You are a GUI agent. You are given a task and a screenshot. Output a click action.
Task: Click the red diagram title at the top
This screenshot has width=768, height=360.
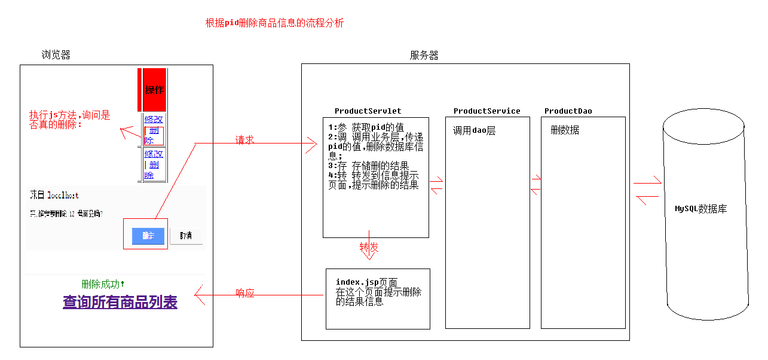coord(274,23)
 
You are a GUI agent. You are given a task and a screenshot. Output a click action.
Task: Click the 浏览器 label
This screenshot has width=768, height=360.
coord(56,55)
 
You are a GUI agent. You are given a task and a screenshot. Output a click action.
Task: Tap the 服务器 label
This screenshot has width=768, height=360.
coord(424,55)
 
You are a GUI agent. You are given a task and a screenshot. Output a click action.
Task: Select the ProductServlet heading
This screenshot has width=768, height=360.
coord(368,111)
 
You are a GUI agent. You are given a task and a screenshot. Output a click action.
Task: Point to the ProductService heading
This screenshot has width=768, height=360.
coord(486,111)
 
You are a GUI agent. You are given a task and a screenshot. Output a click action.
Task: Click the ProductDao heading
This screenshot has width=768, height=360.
coord(568,111)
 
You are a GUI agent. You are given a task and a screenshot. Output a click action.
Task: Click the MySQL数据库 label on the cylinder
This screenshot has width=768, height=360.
coord(700,209)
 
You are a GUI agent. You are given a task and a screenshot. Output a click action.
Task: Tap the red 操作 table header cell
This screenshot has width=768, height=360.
coord(154,90)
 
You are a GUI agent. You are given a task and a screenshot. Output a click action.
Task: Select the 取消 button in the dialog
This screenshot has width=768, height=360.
coord(186,236)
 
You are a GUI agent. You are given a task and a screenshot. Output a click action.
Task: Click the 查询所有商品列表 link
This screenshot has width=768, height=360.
coord(120,302)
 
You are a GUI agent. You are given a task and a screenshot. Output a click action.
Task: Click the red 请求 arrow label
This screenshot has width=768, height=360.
coord(244,140)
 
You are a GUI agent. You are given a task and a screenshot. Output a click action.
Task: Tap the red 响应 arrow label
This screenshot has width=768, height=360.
coord(245,293)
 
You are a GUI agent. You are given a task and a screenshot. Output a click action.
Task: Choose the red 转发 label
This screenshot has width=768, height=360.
coord(369,248)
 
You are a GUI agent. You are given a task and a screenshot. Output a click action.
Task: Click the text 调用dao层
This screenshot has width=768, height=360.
coord(474,131)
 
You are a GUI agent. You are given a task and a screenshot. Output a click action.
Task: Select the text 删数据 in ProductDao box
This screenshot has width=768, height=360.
coord(565,130)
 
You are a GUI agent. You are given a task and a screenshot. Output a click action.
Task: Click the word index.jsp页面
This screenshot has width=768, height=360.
coord(366,282)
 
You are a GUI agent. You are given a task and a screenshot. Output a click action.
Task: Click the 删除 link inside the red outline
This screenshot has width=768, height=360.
coord(152,135)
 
